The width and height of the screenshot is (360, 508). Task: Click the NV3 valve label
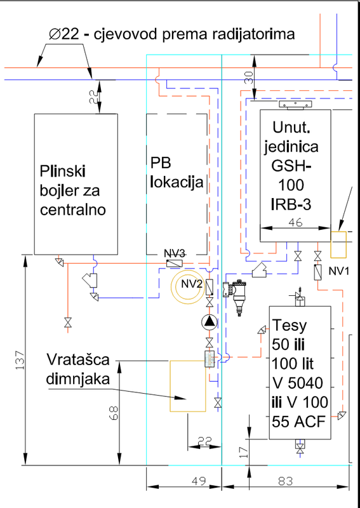tap(175, 253)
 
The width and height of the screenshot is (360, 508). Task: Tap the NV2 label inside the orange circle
tap(192, 284)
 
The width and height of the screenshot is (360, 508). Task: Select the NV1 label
tap(339, 271)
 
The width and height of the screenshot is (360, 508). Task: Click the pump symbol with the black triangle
tap(210, 322)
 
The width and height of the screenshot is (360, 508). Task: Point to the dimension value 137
tap(20, 359)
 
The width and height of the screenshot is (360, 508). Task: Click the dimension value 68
tap(114, 413)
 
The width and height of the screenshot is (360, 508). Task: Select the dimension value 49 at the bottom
tap(199, 481)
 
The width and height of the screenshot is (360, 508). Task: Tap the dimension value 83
tap(285, 481)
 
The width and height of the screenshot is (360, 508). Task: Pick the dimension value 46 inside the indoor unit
tap(295, 222)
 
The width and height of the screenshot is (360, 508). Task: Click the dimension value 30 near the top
tap(250, 77)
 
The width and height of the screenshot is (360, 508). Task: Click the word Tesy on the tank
tap(289, 326)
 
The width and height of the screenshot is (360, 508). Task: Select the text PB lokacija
tap(177, 173)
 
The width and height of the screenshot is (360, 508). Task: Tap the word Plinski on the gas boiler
tap(62, 171)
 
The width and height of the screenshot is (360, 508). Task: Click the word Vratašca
tap(78, 359)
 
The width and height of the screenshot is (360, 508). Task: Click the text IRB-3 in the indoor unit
tap(291, 204)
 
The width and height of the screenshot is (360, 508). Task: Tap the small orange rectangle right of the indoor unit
tap(338, 244)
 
